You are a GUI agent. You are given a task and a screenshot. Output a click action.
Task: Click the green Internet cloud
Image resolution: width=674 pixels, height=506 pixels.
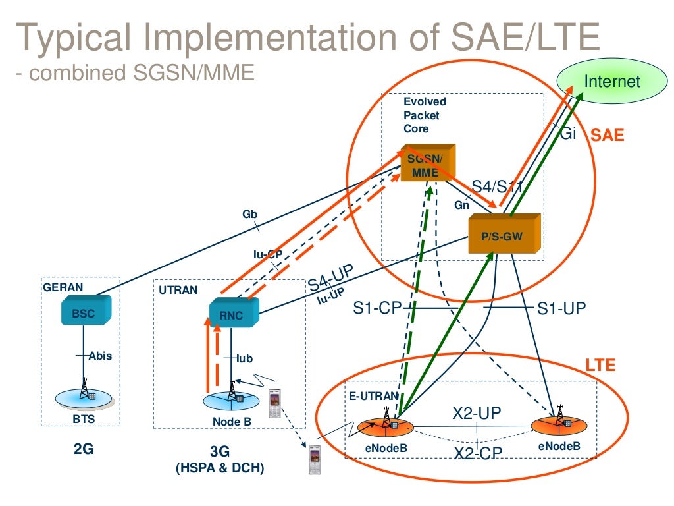pos(611,82)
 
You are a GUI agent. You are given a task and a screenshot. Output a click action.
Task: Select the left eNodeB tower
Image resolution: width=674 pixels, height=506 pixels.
pos(386,421)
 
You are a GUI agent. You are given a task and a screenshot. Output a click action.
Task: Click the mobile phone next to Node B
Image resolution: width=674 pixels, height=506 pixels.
pos(274,403)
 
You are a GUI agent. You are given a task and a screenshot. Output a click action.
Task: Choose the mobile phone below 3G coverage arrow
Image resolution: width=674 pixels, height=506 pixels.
pos(316,459)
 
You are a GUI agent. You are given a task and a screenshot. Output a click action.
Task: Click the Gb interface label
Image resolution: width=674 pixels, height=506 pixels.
pos(249,214)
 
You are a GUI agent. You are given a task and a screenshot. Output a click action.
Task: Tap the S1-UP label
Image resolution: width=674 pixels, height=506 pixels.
pos(561,308)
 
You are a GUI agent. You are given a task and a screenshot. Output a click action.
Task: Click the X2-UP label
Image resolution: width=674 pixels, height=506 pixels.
pos(477,413)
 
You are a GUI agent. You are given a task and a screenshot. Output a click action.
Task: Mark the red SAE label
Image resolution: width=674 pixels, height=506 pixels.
pos(607,136)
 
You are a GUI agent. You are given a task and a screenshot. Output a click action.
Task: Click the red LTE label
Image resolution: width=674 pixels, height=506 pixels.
pos(600,365)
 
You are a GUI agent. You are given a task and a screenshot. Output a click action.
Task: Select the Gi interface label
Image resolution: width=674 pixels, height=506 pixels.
pos(568,133)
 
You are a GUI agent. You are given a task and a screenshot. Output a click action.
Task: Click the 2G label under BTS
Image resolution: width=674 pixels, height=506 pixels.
pos(84,450)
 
